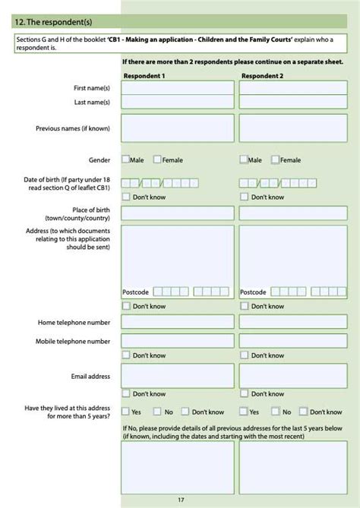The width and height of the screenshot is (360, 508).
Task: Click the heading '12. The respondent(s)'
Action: coord(46,24)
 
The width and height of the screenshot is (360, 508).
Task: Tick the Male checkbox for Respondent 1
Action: coord(125,160)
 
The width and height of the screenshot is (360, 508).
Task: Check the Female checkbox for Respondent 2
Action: coord(275,160)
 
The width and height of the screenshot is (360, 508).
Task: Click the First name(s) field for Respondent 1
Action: coord(178,88)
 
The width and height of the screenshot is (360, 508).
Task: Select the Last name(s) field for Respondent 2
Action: coord(293,102)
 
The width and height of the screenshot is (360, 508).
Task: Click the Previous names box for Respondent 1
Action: coord(178,128)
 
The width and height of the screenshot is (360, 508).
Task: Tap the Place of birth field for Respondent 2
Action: coord(293,213)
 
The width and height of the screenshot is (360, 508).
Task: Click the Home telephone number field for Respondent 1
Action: coord(178,322)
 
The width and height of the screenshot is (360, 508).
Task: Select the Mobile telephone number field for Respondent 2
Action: coord(293,342)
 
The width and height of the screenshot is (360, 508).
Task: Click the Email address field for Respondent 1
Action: coord(178,376)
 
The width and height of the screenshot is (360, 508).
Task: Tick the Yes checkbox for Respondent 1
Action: coord(125,412)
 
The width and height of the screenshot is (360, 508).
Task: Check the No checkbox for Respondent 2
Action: coord(276,412)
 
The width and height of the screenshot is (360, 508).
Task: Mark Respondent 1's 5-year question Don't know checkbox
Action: coord(185,412)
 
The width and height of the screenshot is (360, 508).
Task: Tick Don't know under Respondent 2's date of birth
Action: coord(244,197)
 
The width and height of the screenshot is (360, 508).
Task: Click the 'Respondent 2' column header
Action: coord(262,76)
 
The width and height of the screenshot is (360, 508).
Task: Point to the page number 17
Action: coord(181,500)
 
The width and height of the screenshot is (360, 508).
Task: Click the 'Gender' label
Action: coord(99,160)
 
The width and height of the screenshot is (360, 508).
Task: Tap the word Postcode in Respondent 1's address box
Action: coord(136,292)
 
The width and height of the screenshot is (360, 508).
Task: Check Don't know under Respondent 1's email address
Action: coord(125,393)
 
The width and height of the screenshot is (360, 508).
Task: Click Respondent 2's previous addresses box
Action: coord(293,467)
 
